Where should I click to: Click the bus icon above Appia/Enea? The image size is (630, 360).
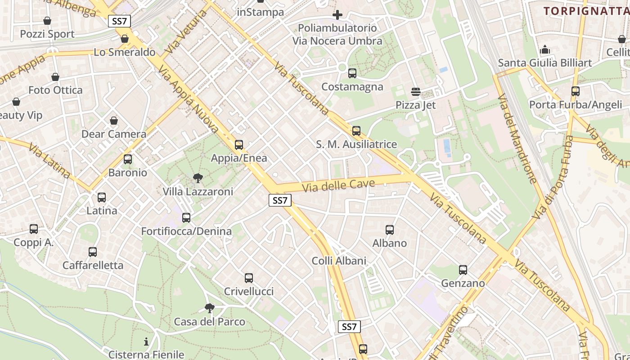click(239, 145)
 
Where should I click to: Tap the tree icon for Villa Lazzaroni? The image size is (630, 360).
click(198, 179)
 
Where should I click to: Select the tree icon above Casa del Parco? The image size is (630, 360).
click(209, 308)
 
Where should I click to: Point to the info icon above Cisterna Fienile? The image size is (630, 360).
click(146, 342)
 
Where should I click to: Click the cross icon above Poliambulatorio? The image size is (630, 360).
click(337, 15)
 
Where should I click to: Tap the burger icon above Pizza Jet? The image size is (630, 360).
click(416, 92)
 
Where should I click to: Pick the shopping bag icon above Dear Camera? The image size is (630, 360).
click(114, 121)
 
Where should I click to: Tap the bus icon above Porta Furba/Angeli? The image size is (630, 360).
click(576, 91)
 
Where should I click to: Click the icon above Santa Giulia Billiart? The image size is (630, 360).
click(545, 49)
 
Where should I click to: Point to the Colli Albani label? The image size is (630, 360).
click(339, 261)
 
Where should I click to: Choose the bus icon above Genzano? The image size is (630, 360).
click(463, 270)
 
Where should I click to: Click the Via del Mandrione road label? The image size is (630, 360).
click(517, 139)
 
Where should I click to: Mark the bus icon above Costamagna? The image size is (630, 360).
click(352, 73)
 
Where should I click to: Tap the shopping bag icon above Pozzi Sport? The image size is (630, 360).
click(47, 21)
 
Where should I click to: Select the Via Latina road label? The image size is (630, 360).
click(49, 160)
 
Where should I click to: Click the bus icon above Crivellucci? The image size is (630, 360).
click(249, 278)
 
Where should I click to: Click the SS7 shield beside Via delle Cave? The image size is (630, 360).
click(280, 200)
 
